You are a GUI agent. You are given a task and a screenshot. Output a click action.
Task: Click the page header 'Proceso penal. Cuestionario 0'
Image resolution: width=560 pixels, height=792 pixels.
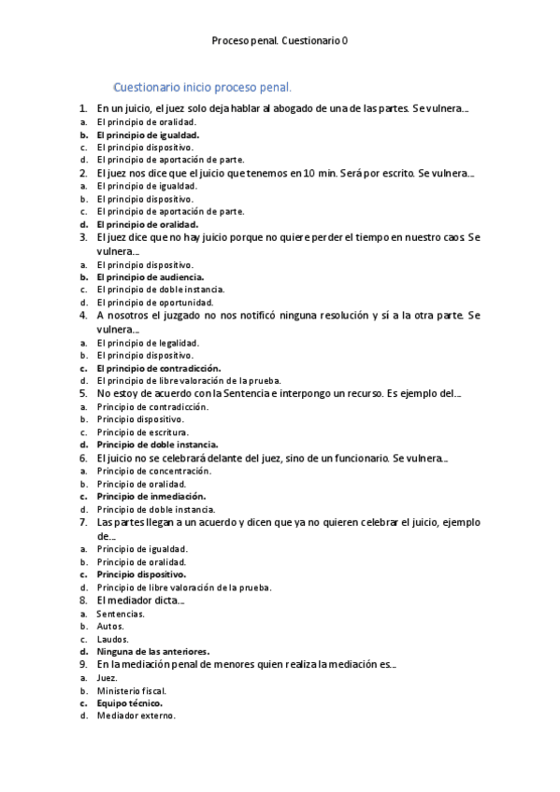click(x=280, y=41)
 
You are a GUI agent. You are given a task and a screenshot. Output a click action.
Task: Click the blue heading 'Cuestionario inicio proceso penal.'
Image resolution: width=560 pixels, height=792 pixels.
click(x=202, y=88)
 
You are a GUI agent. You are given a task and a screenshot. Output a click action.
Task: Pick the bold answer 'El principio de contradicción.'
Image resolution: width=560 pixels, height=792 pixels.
click(x=158, y=368)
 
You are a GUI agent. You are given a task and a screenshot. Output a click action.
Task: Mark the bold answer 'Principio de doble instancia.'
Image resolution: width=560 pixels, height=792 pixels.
click(x=157, y=445)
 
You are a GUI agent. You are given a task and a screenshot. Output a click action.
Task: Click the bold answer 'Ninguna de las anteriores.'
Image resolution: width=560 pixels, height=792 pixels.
click(x=152, y=651)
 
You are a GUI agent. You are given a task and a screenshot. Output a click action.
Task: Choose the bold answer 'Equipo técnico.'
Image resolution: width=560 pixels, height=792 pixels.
click(x=129, y=703)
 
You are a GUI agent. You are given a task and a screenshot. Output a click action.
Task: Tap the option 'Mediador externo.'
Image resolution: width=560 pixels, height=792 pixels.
click(x=136, y=716)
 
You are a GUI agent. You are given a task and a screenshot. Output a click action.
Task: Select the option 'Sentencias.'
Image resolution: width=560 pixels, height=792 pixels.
click(x=121, y=614)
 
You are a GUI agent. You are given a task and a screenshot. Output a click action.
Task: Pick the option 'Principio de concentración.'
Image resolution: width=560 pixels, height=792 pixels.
click(x=151, y=472)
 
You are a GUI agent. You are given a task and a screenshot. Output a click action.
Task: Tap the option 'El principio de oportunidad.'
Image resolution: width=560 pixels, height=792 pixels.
click(x=152, y=303)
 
